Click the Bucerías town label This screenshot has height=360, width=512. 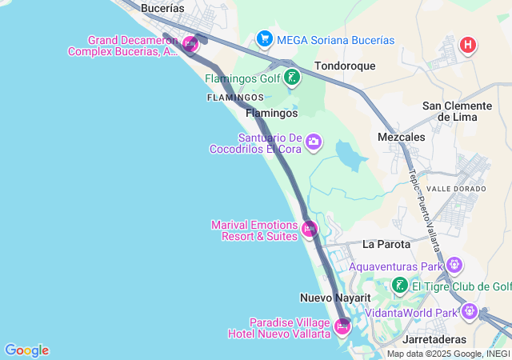pos(162,8)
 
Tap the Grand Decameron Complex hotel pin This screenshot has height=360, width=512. pos(190,44)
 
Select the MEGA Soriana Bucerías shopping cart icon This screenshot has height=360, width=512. pos(264,38)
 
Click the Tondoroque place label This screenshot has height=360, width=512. pos(345,66)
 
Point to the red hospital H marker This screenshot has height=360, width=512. pos(468,45)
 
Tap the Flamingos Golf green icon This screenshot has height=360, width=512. pos(293,78)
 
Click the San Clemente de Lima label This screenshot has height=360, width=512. pos(457,111)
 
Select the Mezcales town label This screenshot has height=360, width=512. pos(401,138)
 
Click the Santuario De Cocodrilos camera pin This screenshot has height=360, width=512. pos(314,142)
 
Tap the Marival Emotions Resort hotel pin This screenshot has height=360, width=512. pos(310,230)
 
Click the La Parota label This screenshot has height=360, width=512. pos(386,244)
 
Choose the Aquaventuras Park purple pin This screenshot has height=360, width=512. pos(454,265)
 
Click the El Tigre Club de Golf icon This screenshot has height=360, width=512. pos(400,286)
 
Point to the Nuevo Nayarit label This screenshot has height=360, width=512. pos(335,298)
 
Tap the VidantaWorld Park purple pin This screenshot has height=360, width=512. pos(469,311)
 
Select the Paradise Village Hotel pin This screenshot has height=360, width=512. pos(342,326)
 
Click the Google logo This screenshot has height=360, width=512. pos(26,350)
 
